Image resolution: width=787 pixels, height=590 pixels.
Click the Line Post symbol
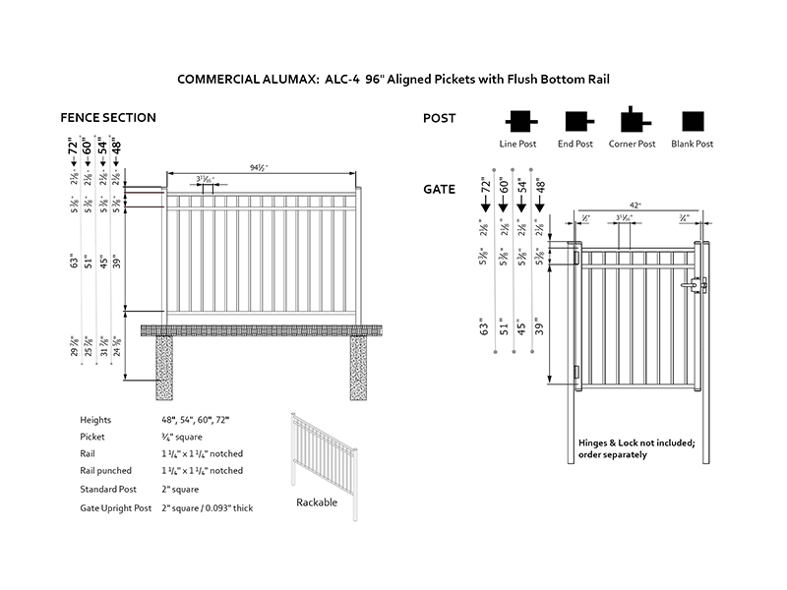point(518,122)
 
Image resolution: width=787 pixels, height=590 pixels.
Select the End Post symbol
point(575,122)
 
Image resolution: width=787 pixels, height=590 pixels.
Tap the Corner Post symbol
point(632,121)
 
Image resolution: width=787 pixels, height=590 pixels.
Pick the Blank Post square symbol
point(694,122)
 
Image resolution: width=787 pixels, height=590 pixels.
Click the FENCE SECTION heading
point(108,118)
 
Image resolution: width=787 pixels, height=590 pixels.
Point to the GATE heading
point(439,189)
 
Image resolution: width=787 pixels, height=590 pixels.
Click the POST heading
point(439,118)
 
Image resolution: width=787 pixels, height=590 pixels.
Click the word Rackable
point(317,502)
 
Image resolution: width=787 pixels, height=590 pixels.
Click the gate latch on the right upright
point(699,285)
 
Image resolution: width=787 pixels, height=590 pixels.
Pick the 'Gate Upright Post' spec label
point(116,507)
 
